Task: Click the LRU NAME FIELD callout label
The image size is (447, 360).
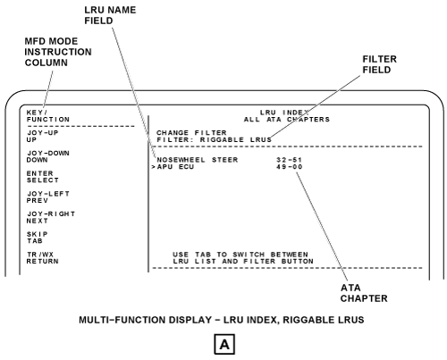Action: (110, 15)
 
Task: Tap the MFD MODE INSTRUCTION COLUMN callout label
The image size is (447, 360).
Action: (58, 52)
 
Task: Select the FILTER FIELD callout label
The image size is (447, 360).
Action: (379, 64)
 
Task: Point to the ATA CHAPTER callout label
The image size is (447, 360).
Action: (364, 293)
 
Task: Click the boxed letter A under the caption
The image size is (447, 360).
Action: (224, 344)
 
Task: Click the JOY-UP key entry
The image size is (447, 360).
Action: (43, 133)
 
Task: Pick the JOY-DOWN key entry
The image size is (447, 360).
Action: (48, 153)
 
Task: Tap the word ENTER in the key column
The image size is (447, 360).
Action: (40, 173)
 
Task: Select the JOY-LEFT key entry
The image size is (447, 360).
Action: (48, 194)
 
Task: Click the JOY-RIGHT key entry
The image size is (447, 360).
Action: (51, 213)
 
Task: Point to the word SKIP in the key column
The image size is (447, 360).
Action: (38, 234)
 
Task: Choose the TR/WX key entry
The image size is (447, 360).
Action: (40, 255)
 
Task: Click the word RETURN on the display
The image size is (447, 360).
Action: (42, 261)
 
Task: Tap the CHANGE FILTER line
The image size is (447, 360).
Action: (191, 132)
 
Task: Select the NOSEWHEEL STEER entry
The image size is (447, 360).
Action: (198, 160)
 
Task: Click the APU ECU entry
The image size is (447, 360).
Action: (175, 166)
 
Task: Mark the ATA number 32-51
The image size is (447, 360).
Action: (289, 160)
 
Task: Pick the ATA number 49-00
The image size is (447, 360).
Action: (289, 166)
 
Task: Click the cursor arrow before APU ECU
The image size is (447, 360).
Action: (153, 167)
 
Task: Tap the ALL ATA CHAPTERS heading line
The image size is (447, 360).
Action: (287, 120)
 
